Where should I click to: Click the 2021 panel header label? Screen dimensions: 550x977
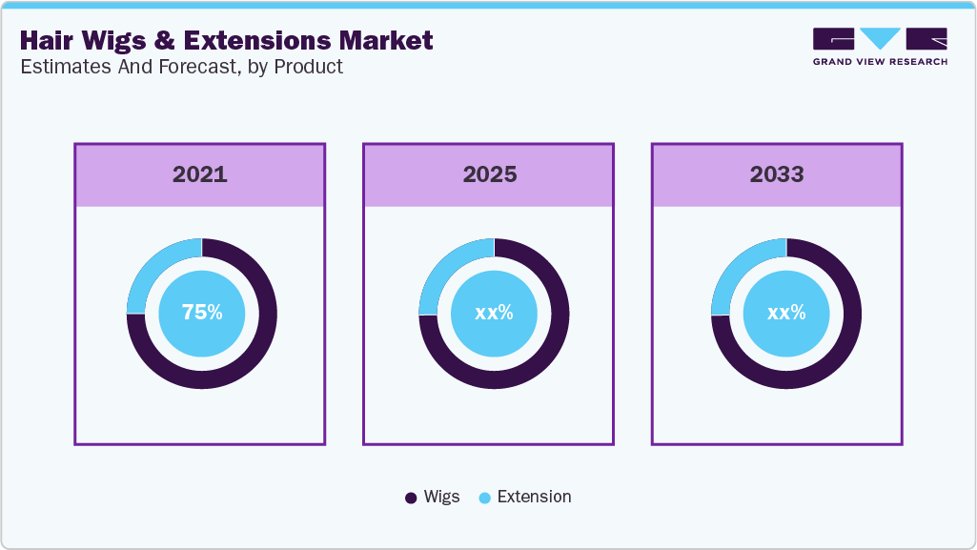coord(200,174)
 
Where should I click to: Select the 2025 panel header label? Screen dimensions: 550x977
coord(489,174)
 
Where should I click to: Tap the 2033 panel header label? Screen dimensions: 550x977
coord(777,174)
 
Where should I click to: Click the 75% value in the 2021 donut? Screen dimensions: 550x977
coord(202,313)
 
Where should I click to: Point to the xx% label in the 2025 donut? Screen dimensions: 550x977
coord(494,313)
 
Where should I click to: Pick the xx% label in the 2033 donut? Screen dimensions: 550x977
coord(786,313)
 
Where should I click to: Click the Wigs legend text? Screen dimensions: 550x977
coord(442,497)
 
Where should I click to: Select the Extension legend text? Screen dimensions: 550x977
coord(534,497)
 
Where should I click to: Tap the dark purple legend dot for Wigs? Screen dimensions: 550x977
coord(411,498)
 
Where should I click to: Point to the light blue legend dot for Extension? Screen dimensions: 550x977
coord(484,498)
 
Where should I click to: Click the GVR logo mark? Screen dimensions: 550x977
coord(880,39)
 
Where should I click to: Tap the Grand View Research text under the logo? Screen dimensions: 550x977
coord(880,62)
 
